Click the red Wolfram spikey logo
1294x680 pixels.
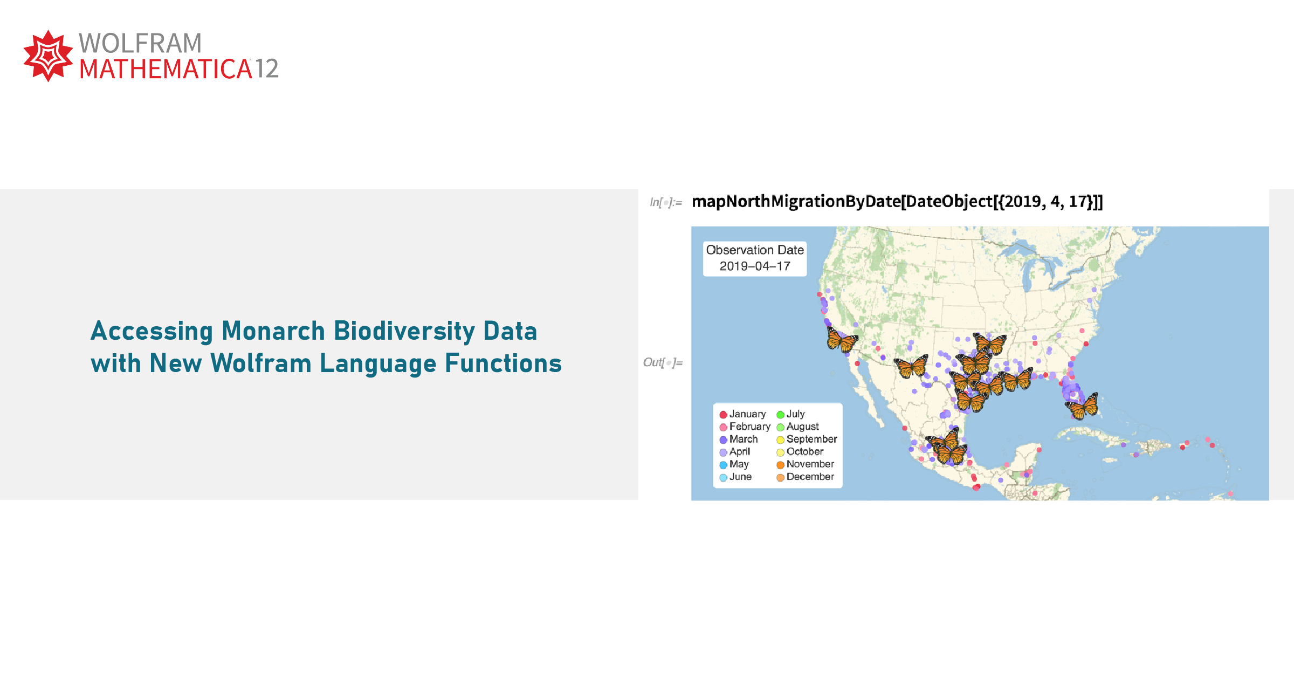[x=48, y=56]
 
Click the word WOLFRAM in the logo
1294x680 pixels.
[x=140, y=43]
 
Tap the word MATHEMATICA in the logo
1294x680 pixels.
[x=166, y=69]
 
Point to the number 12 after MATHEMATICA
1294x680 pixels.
[x=266, y=69]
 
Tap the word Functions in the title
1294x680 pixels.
[x=503, y=363]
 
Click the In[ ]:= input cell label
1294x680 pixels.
[x=666, y=202]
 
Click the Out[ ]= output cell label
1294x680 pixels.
[x=663, y=362]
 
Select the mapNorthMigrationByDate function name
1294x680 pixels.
[x=796, y=202]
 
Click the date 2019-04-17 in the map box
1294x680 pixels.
[x=755, y=266]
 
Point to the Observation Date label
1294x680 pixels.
[x=755, y=250]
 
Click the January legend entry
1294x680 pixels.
[x=742, y=414]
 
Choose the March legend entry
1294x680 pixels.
[x=739, y=439]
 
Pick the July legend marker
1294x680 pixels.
[x=780, y=415]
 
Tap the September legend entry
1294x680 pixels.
[x=807, y=439]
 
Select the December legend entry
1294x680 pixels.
[x=805, y=477]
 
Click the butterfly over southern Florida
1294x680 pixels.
[x=1082, y=406]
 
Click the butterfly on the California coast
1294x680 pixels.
[x=841, y=340]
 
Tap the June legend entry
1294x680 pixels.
[x=735, y=477]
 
